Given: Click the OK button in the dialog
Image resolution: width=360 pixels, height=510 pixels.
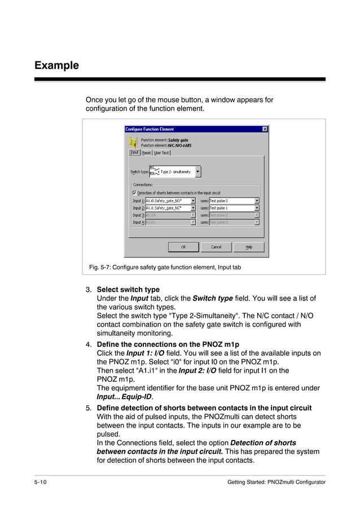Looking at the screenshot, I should [x=183, y=247].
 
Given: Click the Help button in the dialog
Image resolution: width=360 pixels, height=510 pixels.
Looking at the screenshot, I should [x=249, y=247].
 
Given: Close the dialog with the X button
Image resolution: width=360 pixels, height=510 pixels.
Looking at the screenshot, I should [x=265, y=129].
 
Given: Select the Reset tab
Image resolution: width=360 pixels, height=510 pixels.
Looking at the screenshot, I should [x=146, y=152].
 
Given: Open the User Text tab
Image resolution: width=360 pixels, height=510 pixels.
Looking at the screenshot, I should [x=161, y=152].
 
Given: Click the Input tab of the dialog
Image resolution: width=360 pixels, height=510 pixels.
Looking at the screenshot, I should [x=134, y=152].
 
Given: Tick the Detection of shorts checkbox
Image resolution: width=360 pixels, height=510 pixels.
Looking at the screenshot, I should [x=134, y=193].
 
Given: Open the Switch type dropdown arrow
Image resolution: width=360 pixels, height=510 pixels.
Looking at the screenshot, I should [x=197, y=172].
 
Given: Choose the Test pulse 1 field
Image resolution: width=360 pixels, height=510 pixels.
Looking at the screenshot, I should [x=231, y=208].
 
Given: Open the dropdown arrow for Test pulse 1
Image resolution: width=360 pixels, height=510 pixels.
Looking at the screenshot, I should [x=257, y=208].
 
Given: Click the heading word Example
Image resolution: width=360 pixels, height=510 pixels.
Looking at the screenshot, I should [x=56, y=66].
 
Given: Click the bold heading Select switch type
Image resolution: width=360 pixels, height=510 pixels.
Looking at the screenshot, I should [x=128, y=290].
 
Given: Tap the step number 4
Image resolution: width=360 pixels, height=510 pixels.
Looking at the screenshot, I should [x=88, y=344].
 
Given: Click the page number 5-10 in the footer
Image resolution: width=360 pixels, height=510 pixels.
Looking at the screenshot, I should [x=41, y=482].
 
